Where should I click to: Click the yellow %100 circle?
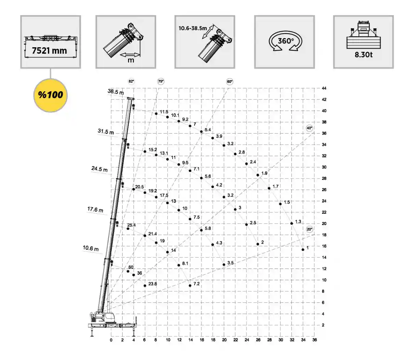pos(50,95)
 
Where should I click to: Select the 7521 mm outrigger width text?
pos(49,51)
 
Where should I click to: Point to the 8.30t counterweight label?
pos(363,55)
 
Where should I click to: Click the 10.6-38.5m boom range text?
pos(192,28)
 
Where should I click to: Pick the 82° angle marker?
pos(131,82)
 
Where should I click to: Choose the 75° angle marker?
pos(161,82)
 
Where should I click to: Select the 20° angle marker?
pos(309,229)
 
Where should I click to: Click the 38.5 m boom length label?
pos(116,92)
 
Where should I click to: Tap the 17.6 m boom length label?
pos(95,210)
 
